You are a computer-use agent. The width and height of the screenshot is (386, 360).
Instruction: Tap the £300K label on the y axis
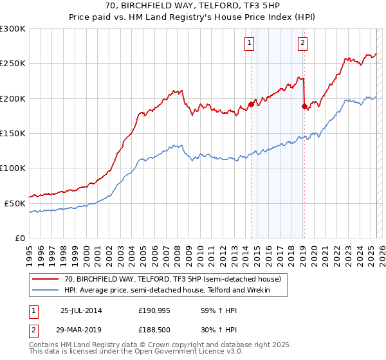(13, 29)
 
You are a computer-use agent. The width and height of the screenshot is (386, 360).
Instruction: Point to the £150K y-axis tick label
(13, 133)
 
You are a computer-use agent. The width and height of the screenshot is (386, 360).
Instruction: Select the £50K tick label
(15, 203)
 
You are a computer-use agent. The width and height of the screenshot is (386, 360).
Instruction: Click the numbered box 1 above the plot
(249, 44)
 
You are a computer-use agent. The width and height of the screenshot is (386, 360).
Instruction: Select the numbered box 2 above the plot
(302, 44)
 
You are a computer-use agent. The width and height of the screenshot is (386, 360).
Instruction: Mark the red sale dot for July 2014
(250, 104)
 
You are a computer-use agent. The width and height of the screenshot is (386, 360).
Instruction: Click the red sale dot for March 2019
(304, 106)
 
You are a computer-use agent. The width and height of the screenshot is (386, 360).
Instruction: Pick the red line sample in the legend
(46, 280)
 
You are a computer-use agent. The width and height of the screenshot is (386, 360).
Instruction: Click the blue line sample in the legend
(46, 291)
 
